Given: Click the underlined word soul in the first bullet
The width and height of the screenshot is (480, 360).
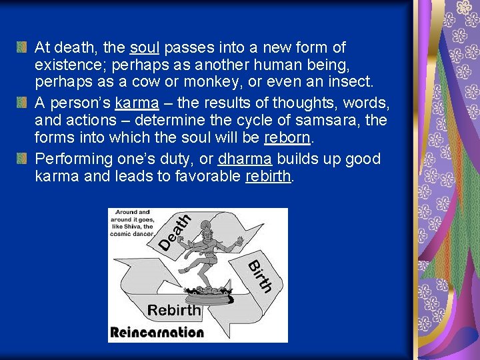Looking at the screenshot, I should coord(145,47).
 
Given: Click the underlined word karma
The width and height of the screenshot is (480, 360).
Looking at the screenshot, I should coord(137,103).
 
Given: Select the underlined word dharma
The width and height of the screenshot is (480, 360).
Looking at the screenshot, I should coord(245,159).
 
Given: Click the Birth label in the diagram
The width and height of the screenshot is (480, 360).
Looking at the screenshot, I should coord(260,275).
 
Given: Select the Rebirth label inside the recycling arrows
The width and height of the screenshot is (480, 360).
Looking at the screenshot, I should coord(174,310).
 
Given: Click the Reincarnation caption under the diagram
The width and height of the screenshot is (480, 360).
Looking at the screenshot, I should coord(157,332).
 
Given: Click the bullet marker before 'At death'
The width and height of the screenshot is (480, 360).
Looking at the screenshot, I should coord(22,47).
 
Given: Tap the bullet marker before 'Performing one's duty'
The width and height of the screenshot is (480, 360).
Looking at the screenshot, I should coord(22,159).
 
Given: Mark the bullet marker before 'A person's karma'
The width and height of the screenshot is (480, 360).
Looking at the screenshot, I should coord(22,103).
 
